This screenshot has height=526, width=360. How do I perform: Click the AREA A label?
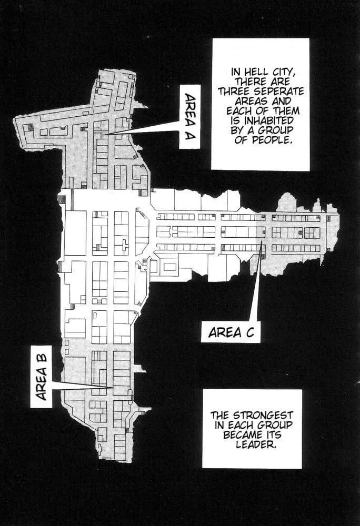coord(190,116)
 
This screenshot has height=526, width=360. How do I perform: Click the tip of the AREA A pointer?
coord(103,135)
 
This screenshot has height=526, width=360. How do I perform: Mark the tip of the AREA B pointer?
coord(113,388)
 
